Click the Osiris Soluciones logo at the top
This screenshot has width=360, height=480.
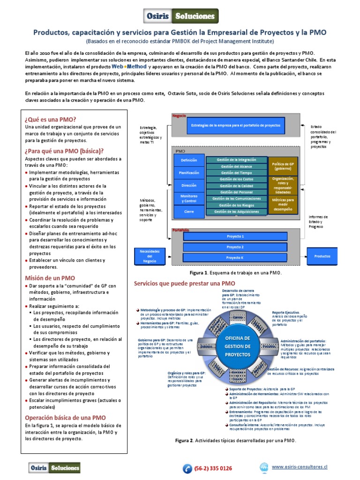[180, 16]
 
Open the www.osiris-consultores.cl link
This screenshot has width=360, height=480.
[300, 467]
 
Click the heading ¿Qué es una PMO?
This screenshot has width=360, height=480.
[51, 119]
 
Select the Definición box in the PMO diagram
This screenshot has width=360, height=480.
[185, 160]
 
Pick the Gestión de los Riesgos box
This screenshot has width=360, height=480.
[236, 205]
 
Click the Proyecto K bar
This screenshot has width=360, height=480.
[235, 258]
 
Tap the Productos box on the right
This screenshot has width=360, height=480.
[322, 256]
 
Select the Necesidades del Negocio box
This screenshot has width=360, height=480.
[150, 256]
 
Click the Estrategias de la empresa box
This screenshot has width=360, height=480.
[235, 126]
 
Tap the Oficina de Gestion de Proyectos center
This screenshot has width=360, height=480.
[238, 346]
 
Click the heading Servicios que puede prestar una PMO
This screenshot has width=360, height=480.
[185, 284]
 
